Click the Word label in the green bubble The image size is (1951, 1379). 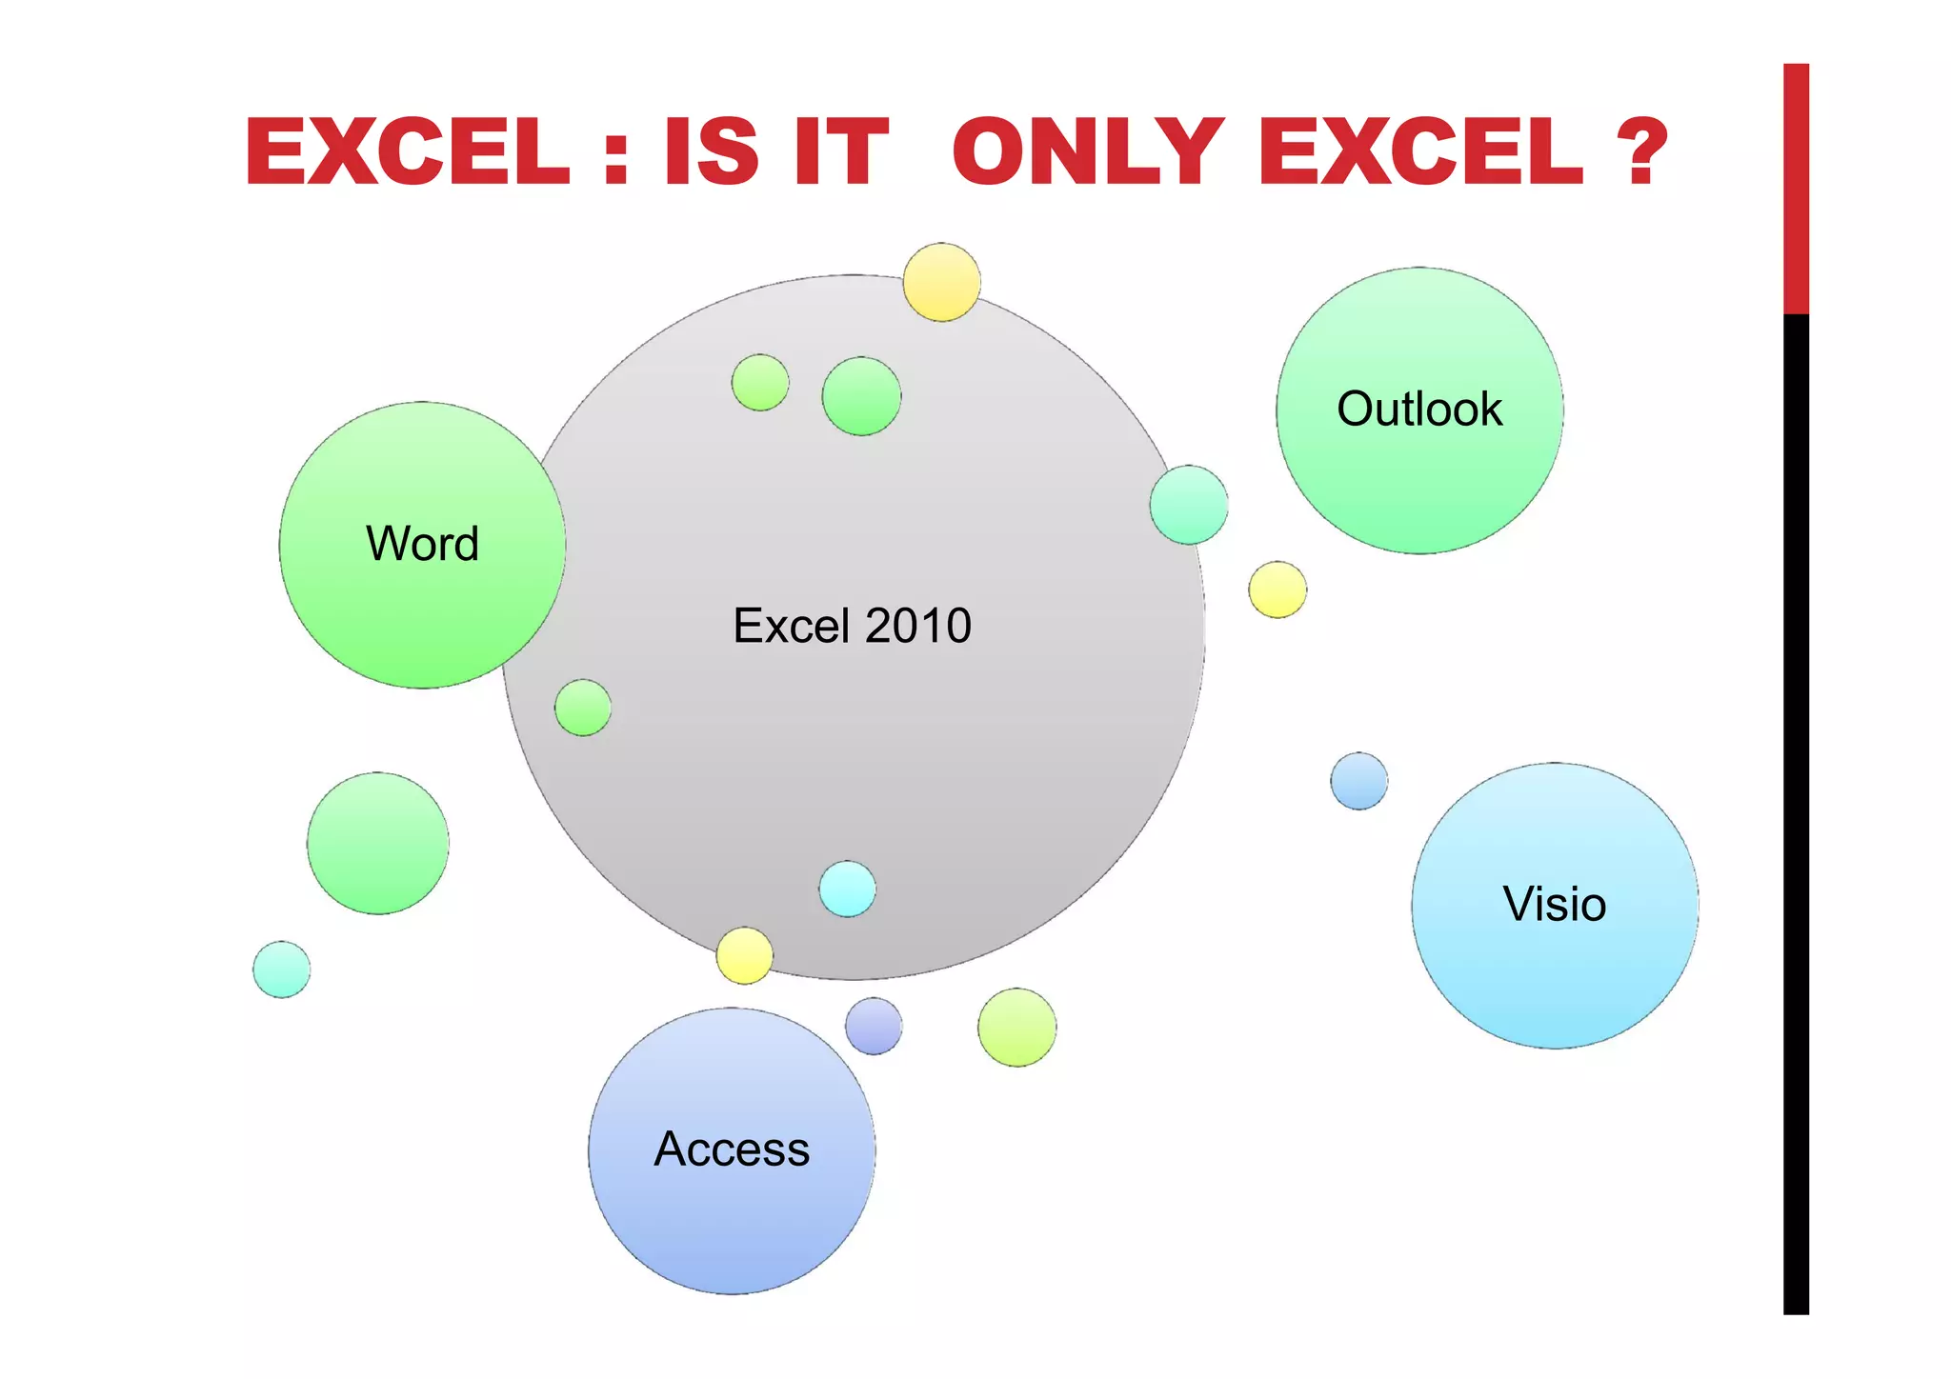(422, 544)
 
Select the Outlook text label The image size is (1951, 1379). (1419, 409)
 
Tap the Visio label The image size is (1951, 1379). (1555, 904)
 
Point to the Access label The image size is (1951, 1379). (732, 1149)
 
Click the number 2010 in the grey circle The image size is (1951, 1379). (918, 626)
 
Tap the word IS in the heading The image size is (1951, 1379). (711, 152)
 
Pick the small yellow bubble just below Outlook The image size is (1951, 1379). (1277, 590)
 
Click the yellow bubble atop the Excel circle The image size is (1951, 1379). (941, 282)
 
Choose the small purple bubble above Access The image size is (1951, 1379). (874, 1026)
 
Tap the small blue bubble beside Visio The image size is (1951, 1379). (1358, 781)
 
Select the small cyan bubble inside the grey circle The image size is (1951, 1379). (847, 889)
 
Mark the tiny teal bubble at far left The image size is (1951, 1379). (281, 969)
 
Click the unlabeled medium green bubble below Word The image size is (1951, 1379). (378, 843)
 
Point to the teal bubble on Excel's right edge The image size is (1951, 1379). (1189, 505)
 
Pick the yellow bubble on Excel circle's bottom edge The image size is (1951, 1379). (744, 955)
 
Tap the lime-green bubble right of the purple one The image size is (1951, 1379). (1016, 1027)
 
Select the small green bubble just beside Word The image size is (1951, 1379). (583, 708)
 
